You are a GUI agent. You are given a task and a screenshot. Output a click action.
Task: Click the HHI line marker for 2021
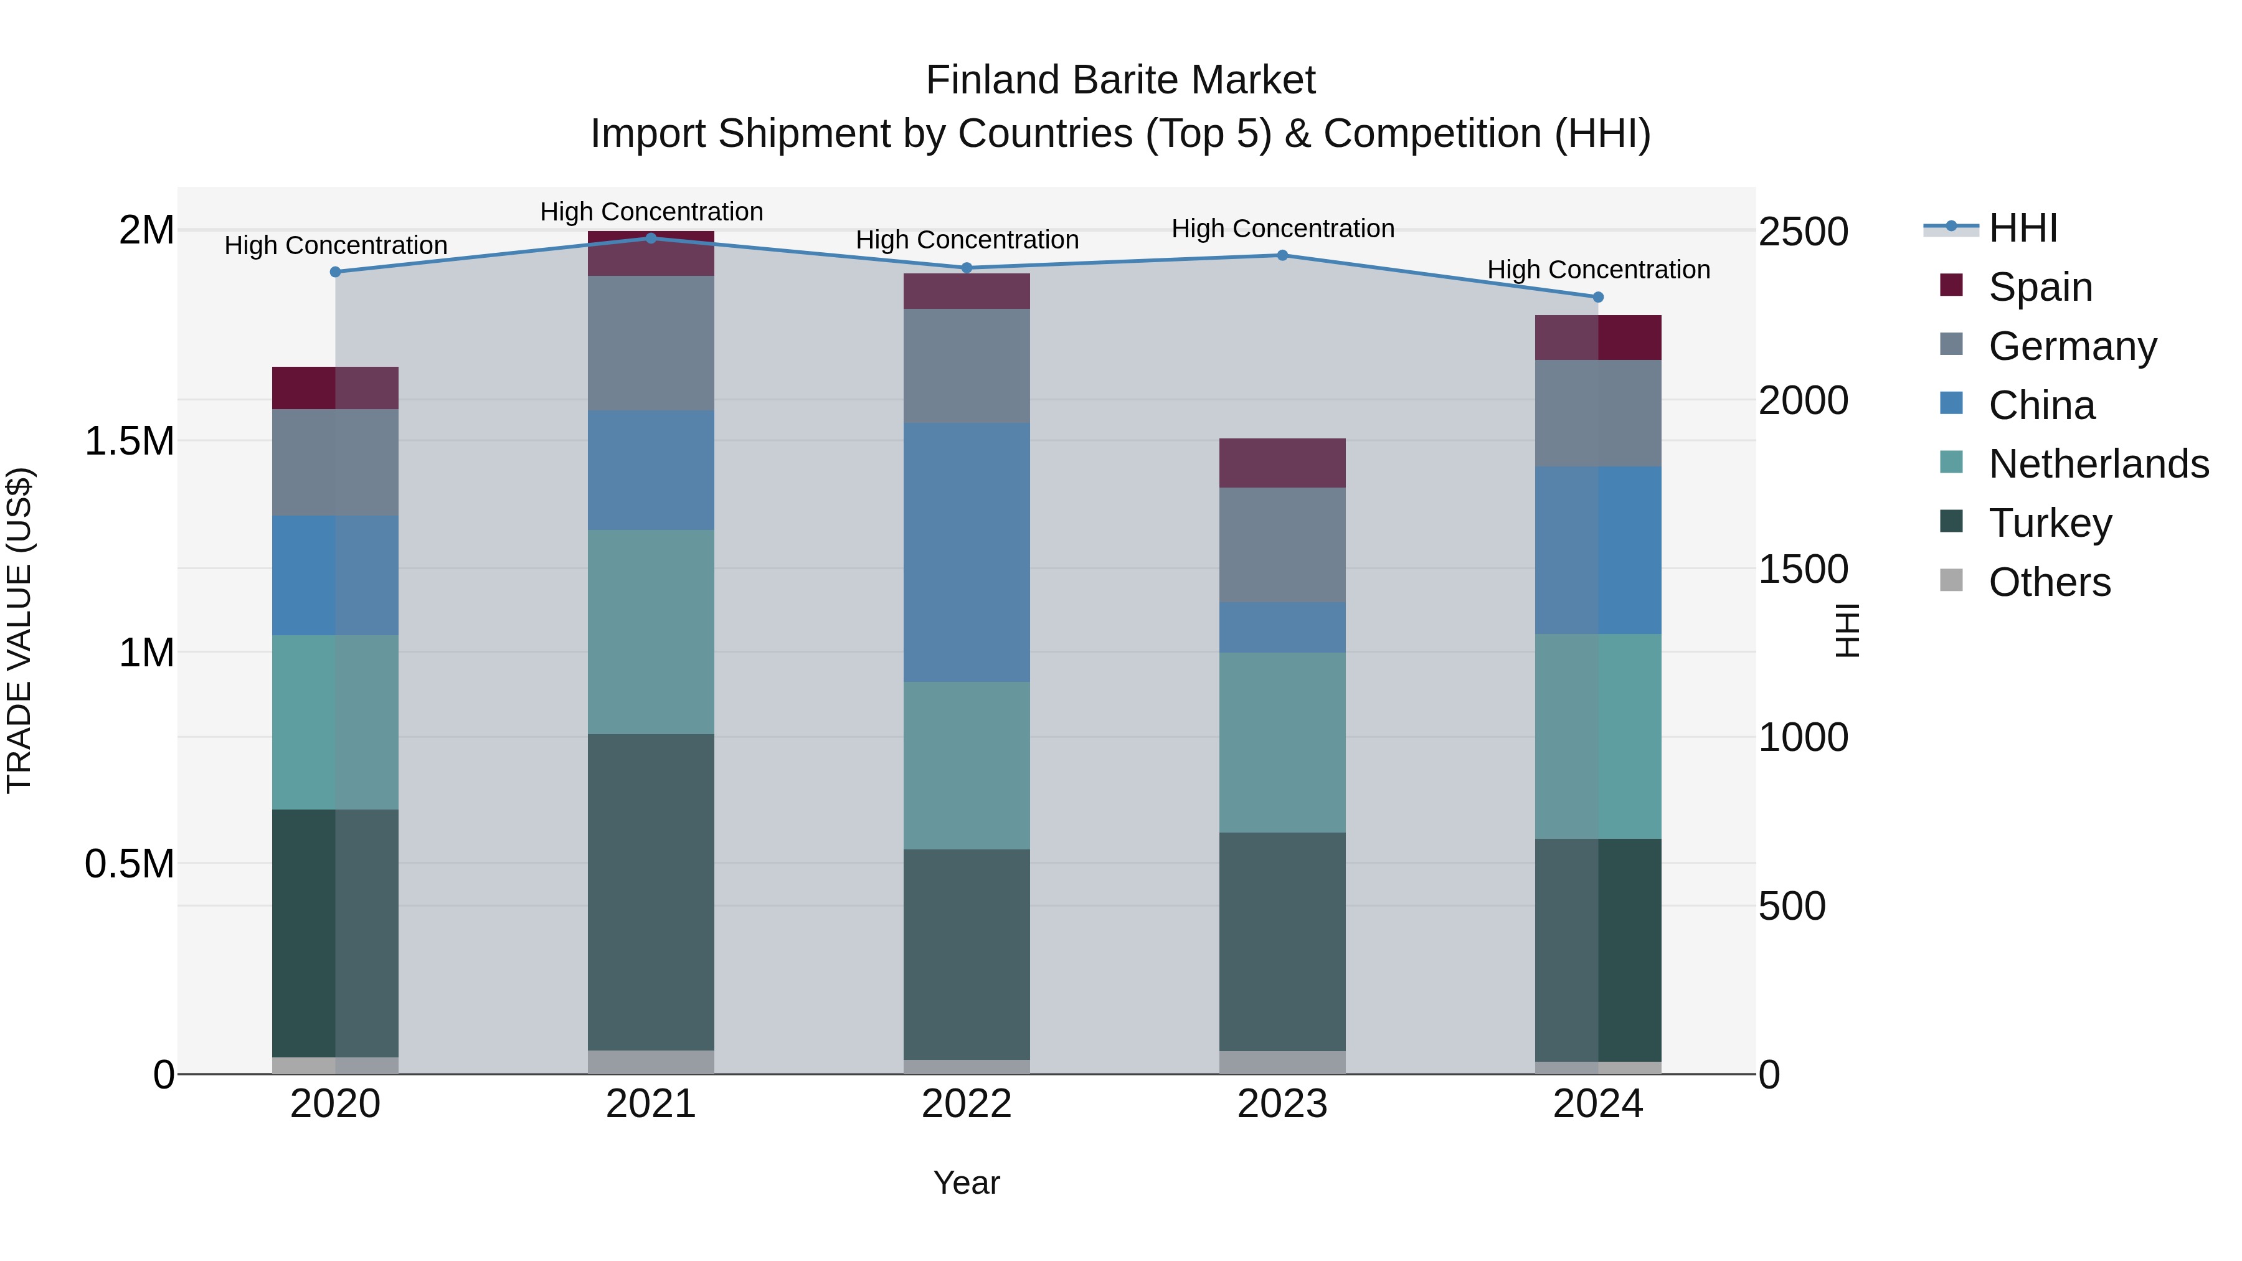651,239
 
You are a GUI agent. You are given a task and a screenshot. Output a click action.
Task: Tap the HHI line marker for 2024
1598,298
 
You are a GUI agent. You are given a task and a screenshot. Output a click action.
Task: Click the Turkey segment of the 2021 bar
651,892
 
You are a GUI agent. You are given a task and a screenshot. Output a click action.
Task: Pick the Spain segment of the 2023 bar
1282,463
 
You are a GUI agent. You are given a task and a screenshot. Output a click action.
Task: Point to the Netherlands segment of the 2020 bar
335,722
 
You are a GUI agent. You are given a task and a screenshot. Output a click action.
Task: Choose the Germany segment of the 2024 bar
1598,413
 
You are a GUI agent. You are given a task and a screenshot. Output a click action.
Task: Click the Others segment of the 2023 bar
1282,1062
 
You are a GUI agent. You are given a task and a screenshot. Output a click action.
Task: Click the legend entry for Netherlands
2098,464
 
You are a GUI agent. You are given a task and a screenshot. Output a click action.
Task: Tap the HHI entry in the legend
2023,228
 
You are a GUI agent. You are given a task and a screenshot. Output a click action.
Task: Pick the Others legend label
2050,582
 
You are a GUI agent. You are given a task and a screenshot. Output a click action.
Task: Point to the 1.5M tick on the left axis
129,442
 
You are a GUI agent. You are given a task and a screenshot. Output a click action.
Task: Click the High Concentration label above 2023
1282,229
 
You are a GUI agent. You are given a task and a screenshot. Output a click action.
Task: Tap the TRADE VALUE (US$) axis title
19,630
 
